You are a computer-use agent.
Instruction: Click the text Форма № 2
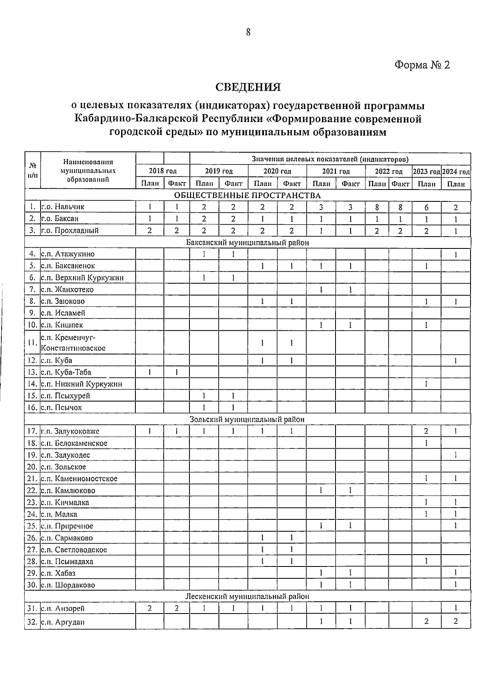tap(422, 65)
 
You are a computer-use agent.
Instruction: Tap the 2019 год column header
tap(218, 171)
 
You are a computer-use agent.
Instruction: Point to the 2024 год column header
tap(456, 171)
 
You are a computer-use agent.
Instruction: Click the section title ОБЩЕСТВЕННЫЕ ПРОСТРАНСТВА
tap(248, 195)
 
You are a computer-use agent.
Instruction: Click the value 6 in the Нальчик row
tap(426, 207)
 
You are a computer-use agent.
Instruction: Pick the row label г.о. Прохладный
tap(70, 230)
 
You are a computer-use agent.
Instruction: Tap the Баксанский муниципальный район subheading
tap(248, 242)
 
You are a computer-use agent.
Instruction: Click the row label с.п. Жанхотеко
tap(68, 289)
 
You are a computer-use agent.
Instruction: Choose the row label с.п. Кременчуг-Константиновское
tap(73, 343)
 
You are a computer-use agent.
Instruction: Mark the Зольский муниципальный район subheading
tap(248, 419)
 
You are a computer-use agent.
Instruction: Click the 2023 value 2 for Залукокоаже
tap(426, 431)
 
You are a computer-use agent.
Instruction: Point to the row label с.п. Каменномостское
tap(79, 478)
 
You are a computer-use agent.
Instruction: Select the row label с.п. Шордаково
tap(68, 585)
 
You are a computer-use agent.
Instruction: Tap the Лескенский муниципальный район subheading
tap(248, 596)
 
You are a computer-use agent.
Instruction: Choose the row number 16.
tap(32, 408)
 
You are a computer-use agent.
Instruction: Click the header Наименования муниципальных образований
tap(88, 171)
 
